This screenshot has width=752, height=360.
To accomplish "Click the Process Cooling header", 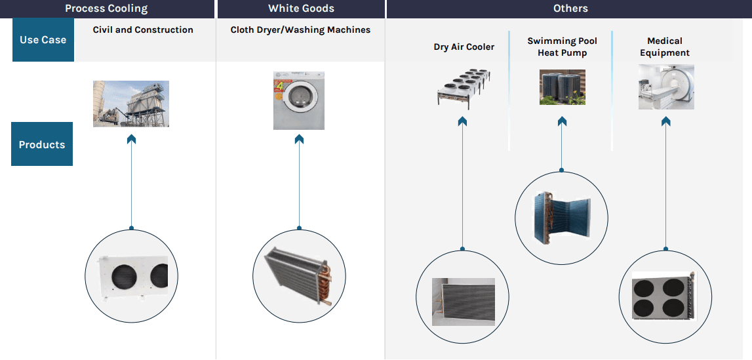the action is pyautogui.click(x=106, y=9).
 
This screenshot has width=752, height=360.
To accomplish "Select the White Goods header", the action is pyautogui.click(x=301, y=9).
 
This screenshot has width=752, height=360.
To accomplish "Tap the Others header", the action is pyautogui.click(x=570, y=9).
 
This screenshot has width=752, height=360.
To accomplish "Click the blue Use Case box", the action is pyautogui.click(x=43, y=40).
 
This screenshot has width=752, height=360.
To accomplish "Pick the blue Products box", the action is pyautogui.click(x=42, y=144).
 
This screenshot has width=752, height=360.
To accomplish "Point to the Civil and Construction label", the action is pyautogui.click(x=143, y=30).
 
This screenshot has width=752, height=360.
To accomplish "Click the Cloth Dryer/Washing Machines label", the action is pyautogui.click(x=300, y=30).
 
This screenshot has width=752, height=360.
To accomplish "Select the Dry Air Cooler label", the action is pyautogui.click(x=464, y=47).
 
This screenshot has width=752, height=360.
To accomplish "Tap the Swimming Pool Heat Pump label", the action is pyautogui.click(x=562, y=47).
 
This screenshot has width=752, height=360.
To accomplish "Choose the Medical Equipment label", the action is pyautogui.click(x=665, y=47).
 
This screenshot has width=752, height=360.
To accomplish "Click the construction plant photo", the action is pyautogui.click(x=131, y=104).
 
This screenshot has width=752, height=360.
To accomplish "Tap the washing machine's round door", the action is pyautogui.click(x=298, y=99).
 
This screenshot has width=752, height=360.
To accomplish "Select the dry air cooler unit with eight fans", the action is pyautogui.click(x=464, y=89).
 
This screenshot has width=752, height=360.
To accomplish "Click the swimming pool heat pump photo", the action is pyautogui.click(x=562, y=87).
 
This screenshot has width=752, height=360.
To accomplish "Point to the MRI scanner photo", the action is pyautogui.click(x=666, y=87).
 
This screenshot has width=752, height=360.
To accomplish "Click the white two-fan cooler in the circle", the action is pyautogui.click(x=134, y=277).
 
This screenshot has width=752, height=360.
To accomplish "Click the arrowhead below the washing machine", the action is pyautogui.click(x=299, y=139).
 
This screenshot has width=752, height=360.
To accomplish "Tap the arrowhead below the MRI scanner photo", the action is pyautogui.click(x=665, y=122).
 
